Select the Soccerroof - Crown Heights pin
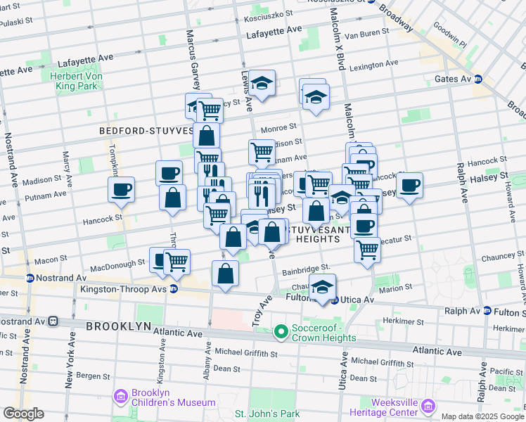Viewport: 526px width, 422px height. coord(281,330)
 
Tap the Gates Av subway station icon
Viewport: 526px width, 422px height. coord(477,79)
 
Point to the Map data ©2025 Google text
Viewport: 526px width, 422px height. coord(481,416)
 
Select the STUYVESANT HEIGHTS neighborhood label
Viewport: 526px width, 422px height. coord(318,234)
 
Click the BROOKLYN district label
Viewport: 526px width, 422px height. coord(118,326)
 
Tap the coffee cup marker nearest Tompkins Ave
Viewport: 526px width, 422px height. coord(122,190)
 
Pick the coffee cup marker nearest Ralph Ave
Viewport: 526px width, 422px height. coord(409,186)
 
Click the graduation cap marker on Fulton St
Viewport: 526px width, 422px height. coord(322,287)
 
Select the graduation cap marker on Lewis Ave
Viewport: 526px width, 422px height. coord(262,83)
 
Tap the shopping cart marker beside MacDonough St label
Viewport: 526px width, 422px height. coord(177,262)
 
